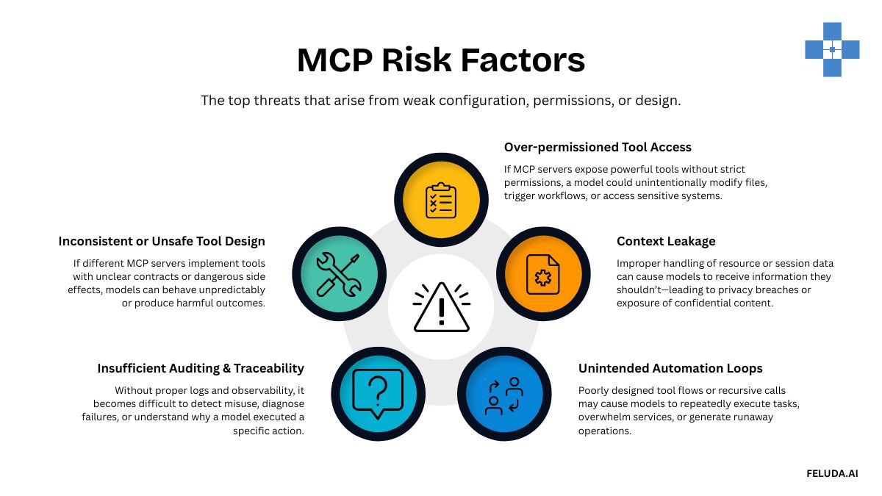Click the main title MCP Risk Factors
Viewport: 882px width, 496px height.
pos(441,60)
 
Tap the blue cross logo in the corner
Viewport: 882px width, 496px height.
pos(832,49)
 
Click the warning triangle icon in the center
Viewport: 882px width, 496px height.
pos(441,308)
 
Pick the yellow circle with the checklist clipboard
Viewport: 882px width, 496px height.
pos(441,199)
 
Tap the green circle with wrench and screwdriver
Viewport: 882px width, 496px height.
pos(338,273)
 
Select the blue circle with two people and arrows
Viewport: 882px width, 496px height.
pos(504,395)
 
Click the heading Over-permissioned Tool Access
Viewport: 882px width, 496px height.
pos(598,147)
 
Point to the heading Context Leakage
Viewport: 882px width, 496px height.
pos(666,241)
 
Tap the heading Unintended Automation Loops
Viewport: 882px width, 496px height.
pos(670,368)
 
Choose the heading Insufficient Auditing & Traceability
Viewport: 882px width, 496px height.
pos(201,368)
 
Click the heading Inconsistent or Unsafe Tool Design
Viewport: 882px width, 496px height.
pos(162,241)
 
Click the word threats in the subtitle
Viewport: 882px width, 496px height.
pos(276,101)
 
